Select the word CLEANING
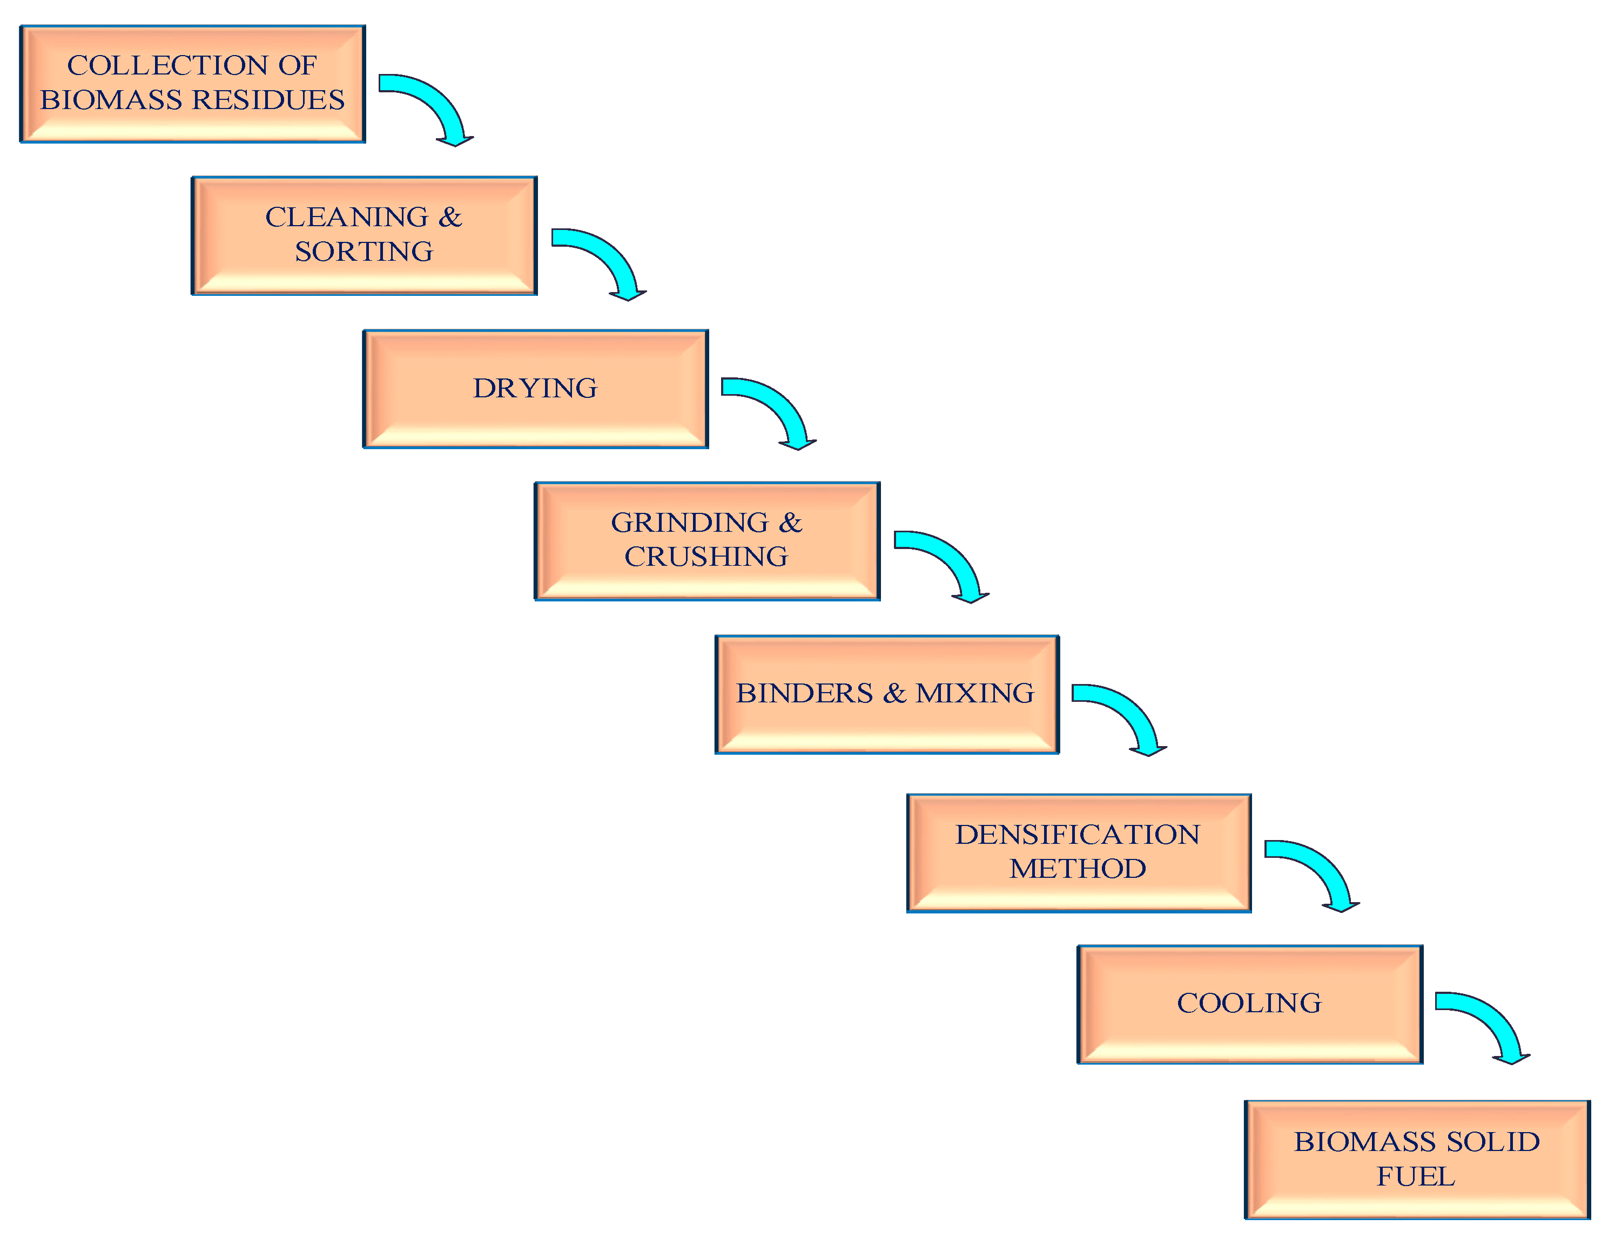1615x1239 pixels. tap(347, 218)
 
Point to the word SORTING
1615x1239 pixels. tap(364, 252)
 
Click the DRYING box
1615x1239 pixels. tap(535, 389)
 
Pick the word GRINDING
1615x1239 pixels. tap(690, 523)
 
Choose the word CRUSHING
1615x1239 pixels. tap(706, 557)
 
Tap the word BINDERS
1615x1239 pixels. tap(804, 693)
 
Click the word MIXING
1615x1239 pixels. tap(974, 693)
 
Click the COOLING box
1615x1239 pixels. tap(1249, 1003)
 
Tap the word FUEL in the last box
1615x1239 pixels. tap(1415, 1176)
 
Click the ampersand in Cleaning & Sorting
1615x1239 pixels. tap(450, 218)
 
